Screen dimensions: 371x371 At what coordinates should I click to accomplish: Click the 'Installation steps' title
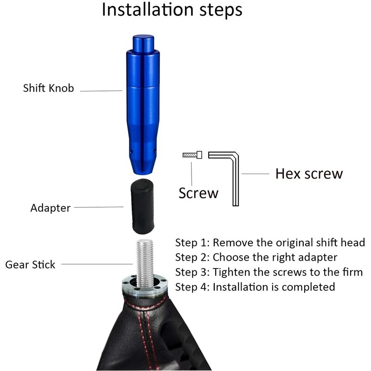(172, 10)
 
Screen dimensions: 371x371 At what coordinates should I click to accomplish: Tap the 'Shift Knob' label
(48, 88)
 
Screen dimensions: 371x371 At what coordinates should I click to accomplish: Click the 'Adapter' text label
(51, 208)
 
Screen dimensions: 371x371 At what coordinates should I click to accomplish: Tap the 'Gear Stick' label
(30, 265)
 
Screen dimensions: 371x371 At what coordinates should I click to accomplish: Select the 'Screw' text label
(198, 192)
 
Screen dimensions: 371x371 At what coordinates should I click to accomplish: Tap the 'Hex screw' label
(309, 174)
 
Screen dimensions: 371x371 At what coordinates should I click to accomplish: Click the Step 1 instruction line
(270, 243)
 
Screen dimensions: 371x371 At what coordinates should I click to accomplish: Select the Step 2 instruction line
(256, 257)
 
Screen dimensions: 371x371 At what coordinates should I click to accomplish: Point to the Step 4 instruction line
(255, 287)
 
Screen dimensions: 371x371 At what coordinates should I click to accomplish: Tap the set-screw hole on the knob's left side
(131, 151)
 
